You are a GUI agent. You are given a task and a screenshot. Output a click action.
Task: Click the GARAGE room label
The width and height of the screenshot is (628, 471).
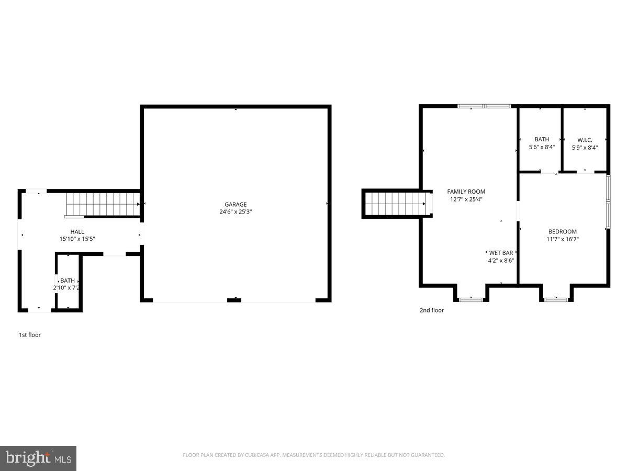(x=235, y=205)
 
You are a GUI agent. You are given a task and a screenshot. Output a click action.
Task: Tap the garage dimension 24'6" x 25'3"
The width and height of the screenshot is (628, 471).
(x=235, y=212)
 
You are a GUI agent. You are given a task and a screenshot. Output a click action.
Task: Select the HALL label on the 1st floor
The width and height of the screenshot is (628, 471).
(x=77, y=232)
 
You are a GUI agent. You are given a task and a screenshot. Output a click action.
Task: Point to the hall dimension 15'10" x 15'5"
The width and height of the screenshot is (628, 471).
(x=77, y=239)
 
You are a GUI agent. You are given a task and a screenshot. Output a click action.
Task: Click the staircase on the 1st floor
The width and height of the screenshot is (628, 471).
(x=103, y=204)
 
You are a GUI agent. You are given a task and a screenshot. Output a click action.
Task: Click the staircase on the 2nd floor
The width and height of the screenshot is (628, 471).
(x=395, y=204)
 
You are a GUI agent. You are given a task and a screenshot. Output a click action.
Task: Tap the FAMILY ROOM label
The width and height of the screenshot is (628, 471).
(x=466, y=192)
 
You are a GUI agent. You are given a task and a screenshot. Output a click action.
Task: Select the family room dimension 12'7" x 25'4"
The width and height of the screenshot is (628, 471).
(x=466, y=199)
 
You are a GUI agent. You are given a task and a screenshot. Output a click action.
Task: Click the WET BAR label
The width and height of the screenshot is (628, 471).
(x=501, y=253)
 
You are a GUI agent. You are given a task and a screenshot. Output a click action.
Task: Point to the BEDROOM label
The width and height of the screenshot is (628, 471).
(x=563, y=232)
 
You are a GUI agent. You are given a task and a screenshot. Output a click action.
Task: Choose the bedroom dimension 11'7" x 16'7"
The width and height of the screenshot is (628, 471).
(x=563, y=239)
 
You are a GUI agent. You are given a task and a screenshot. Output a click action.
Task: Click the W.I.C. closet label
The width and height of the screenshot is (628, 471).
(x=585, y=140)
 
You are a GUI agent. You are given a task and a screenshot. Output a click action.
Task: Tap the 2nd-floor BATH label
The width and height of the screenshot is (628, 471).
(x=542, y=140)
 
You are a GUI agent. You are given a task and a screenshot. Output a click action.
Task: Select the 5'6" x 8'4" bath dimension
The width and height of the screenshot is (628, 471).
(x=542, y=148)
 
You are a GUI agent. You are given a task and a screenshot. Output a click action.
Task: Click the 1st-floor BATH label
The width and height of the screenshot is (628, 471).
(x=68, y=281)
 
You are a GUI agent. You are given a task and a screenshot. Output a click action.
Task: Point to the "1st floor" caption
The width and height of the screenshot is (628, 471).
(x=30, y=335)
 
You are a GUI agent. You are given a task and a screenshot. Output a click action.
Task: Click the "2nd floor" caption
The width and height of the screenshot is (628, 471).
(x=432, y=310)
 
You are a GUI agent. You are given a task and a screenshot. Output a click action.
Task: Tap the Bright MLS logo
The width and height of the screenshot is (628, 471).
(x=38, y=458)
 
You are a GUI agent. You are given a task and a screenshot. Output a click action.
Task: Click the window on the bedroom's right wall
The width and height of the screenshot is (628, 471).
(x=608, y=201)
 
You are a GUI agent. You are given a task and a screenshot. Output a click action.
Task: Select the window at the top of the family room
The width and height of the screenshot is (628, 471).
(x=484, y=106)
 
